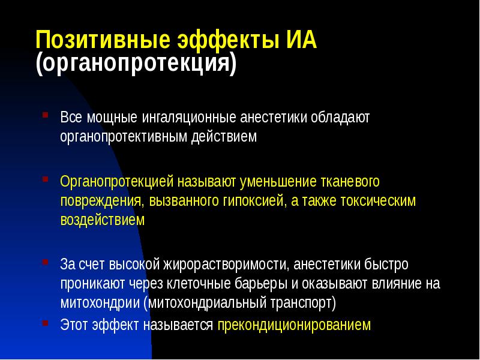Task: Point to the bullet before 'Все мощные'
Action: [46, 113]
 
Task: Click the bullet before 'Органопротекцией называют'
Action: [46, 178]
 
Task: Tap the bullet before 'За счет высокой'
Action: [46, 262]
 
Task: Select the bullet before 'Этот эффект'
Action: [46, 322]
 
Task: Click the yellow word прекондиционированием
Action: [294, 325]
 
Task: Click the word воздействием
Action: [102, 220]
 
